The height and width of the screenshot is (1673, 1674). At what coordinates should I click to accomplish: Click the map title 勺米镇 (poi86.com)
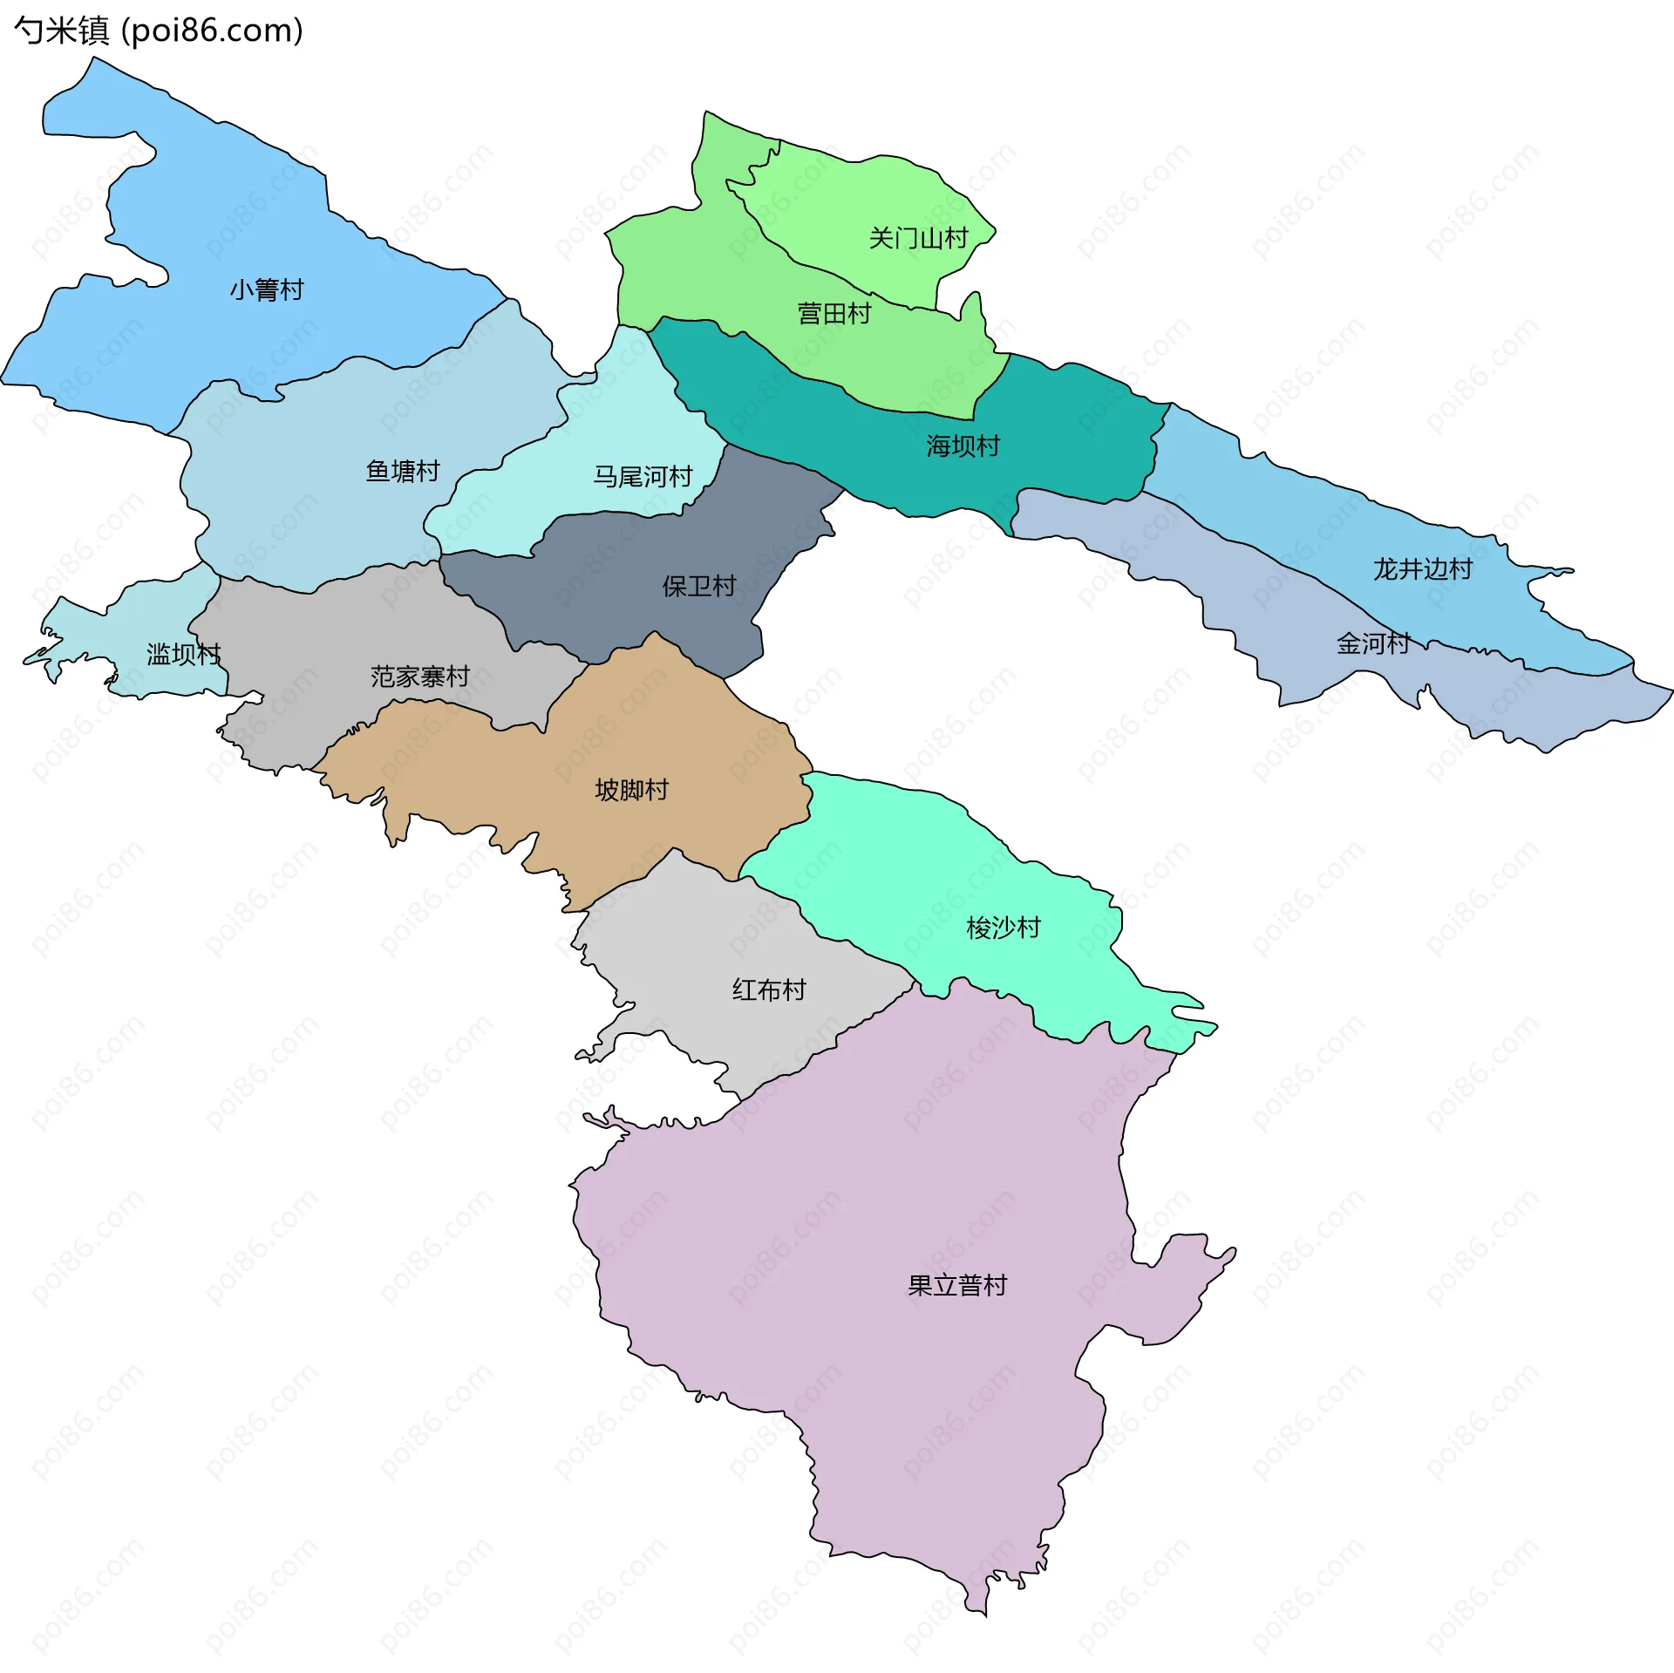click(158, 31)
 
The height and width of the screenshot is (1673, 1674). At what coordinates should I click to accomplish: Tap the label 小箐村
click(267, 289)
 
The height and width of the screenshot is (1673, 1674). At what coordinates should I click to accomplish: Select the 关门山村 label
click(918, 238)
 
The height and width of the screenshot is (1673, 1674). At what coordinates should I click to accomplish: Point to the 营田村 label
click(834, 314)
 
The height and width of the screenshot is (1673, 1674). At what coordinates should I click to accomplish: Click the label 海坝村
click(963, 446)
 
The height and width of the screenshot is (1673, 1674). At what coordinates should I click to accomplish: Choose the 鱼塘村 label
click(403, 472)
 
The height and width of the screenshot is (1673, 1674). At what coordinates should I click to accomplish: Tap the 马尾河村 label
click(643, 477)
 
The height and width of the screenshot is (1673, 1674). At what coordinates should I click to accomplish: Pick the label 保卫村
click(699, 587)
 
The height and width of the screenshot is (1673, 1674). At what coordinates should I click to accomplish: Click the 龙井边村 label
click(1423, 569)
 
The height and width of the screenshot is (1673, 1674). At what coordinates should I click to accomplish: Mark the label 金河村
click(1373, 644)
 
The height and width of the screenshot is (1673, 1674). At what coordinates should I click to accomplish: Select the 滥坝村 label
click(183, 654)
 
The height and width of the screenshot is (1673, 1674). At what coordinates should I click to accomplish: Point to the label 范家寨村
click(419, 677)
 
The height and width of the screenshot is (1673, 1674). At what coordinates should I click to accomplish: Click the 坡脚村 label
click(631, 790)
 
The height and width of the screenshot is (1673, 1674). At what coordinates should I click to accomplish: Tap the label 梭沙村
click(1004, 928)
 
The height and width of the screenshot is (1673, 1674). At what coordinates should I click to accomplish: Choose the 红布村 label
click(769, 990)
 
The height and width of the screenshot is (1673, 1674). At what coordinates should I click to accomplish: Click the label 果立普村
click(957, 1286)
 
